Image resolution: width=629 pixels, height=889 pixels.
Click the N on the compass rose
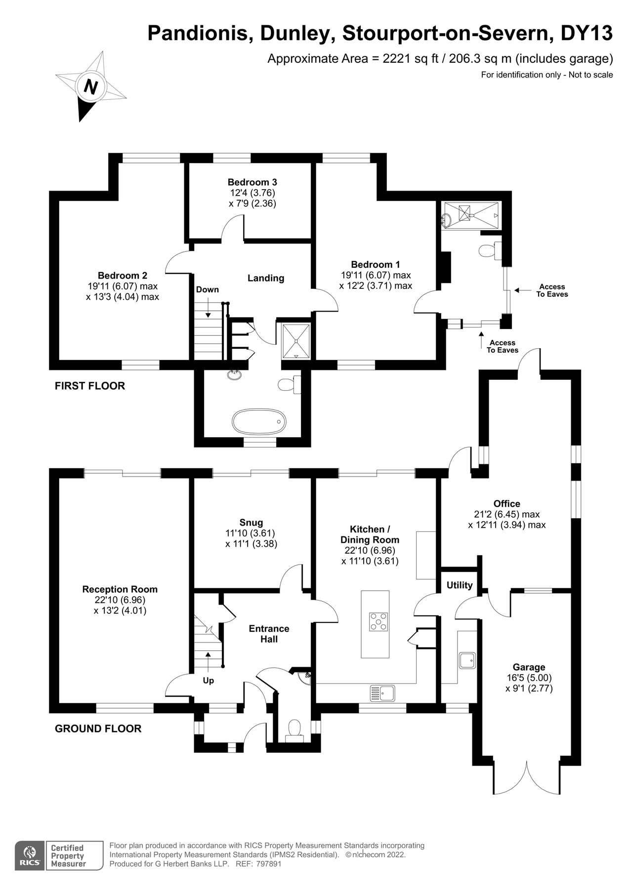[x=90, y=87]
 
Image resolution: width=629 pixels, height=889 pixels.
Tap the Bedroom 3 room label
[x=252, y=182]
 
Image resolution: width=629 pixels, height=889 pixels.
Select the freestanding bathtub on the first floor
[x=259, y=421]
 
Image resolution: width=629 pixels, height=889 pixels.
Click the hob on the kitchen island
[x=378, y=621]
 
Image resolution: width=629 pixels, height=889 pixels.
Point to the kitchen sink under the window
[x=383, y=693]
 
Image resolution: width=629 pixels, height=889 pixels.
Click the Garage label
[x=529, y=667]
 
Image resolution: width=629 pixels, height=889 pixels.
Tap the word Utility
[x=460, y=585]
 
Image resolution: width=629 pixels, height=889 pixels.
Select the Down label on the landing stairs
[x=207, y=290]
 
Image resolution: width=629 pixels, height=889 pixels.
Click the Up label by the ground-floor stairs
[x=209, y=681]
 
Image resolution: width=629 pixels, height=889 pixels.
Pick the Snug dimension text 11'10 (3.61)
[x=251, y=533]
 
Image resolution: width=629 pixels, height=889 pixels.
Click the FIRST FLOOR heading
[x=90, y=386]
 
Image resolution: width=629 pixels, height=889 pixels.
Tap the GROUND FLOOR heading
[x=98, y=728]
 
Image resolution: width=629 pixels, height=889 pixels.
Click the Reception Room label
[x=120, y=589]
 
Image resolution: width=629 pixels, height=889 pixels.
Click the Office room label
[x=506, y=504]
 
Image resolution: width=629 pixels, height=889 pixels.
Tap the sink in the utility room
[x=467, y=660]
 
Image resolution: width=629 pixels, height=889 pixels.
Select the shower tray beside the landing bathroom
[x=296, y=340]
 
